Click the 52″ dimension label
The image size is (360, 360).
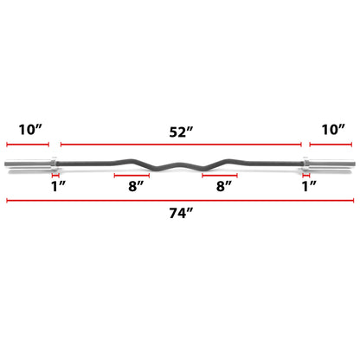[x=181, y=132]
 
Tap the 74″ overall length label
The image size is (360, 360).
[x=181, y=213]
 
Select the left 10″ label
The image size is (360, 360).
[x=30, y=130]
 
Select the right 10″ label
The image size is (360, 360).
[x=333, y=130]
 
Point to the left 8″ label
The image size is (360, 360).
[x=136, y=186]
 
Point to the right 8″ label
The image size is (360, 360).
[x=224, y=186]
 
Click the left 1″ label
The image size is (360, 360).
[x=58, y=186]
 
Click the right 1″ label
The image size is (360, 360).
[x=309, y=186]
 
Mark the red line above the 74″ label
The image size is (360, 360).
[x=180, y=201]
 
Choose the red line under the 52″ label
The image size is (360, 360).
[x=181, y=145]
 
